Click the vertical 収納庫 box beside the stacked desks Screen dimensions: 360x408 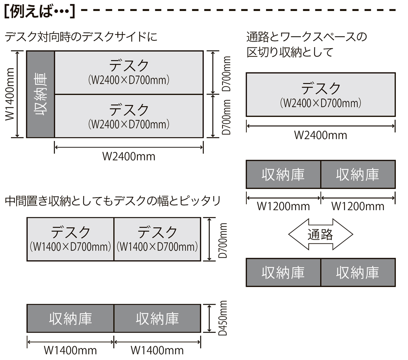(x=40, y=94)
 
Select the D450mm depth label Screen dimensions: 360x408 (x=223, y=318)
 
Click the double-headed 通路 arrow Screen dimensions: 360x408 (x=321, y=235)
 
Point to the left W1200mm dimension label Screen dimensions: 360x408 (x=283, y=206)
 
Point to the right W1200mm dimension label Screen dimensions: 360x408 (x=358, y=206)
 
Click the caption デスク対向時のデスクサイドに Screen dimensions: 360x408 (x=81, y=37)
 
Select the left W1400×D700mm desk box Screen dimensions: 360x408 (x=70, y=239)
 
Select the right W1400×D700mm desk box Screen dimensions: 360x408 (x=157, y=239)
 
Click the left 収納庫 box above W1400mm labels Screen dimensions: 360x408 (x=70, y=318)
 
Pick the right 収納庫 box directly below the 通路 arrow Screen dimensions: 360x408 (x=358, y=272)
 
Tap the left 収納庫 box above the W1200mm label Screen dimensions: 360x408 (x=283, y=174)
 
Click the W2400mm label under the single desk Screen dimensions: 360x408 (x=321, y=135)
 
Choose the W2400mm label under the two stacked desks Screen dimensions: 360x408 (x=129, y=156)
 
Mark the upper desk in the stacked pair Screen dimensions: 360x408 (x=129, y=73)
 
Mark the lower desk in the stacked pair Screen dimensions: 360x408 (x=129, y=116)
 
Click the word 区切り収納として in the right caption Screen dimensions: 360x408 (x=290, y=52)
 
